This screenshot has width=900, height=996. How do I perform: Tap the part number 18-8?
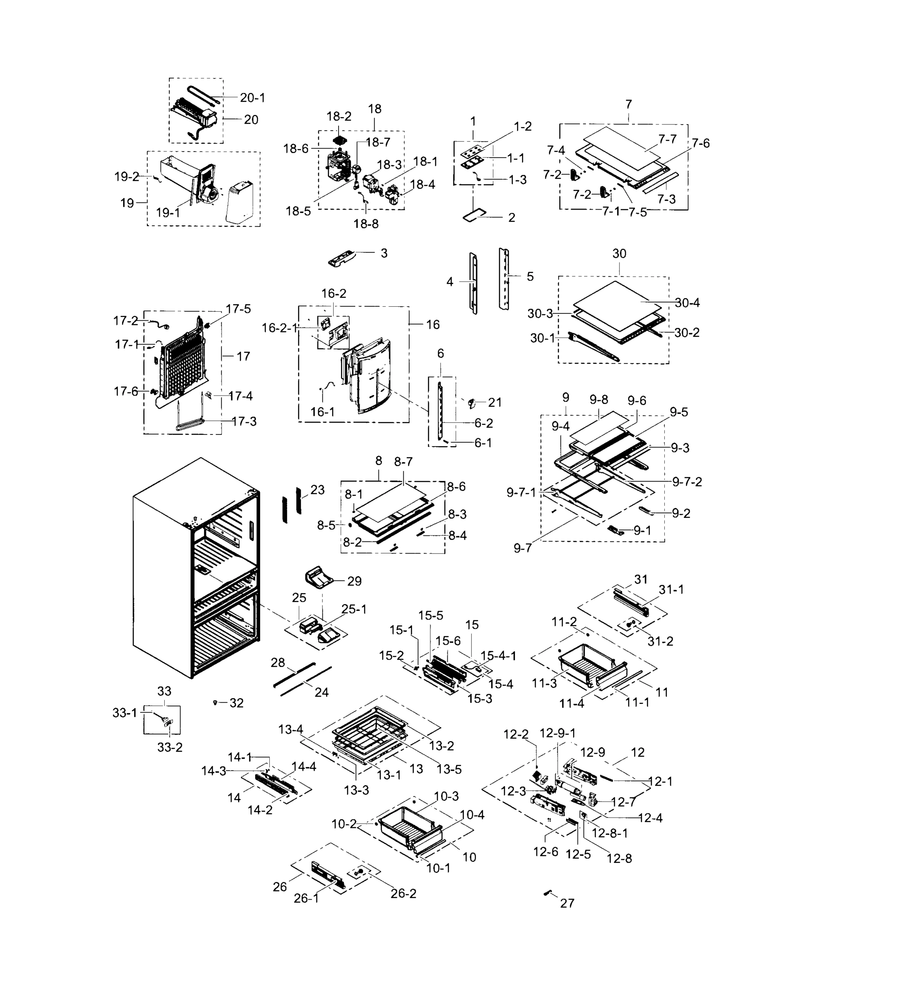[x=366, y=224]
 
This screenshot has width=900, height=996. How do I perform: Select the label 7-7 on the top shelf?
[x=667, y=139]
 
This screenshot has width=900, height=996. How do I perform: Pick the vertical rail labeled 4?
[x=473, y=283]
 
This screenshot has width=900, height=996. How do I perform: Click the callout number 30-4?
[x=687, y=303]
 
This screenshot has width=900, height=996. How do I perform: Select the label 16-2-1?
[x=280, y=327]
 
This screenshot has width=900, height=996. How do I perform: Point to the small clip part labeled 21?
[x=471, y=404]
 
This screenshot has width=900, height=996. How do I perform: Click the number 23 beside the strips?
[x=317, y=490]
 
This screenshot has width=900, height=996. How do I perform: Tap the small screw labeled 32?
[x=215, y=702]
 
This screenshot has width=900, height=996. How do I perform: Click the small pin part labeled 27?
[x=547, y=893]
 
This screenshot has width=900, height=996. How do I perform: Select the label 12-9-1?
[x=557, y=733]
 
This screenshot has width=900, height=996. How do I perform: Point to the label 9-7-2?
[x=687, y=482]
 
